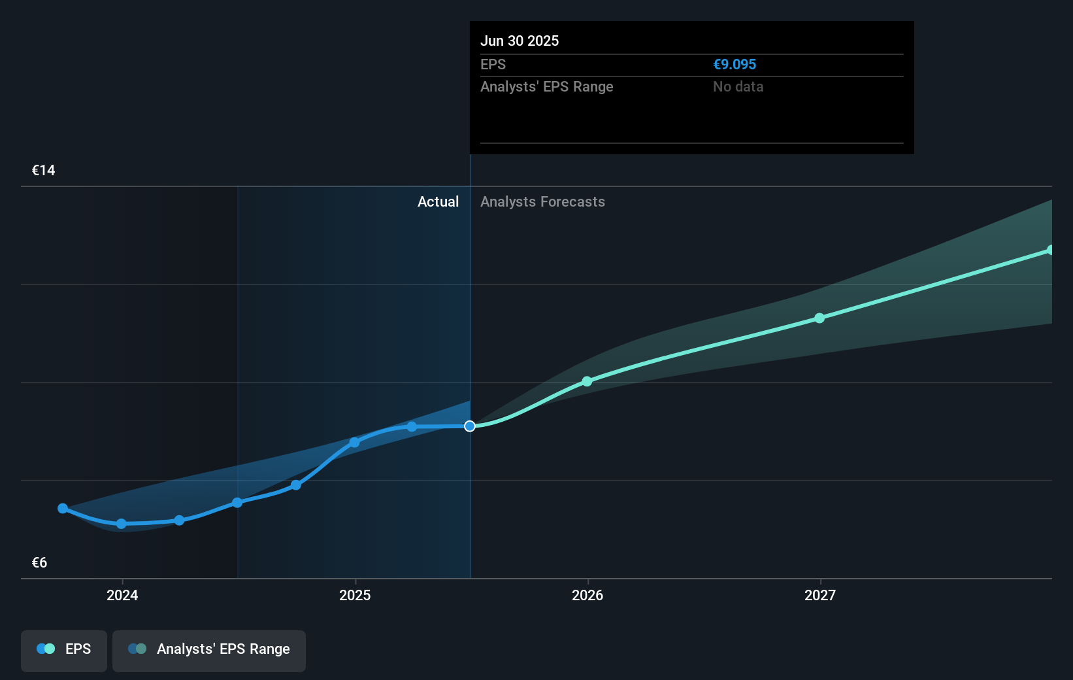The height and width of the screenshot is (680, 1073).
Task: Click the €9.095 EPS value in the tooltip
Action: tap(735, 64)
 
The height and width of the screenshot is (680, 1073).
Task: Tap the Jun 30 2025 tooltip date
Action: tap(520, 41)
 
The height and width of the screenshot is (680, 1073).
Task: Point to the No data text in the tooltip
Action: tap(738, 86)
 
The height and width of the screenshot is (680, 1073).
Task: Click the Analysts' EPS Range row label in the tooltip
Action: tap(546, 86)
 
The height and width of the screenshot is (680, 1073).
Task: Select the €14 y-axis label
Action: tap(43, 171)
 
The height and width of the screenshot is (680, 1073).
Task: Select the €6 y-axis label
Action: tap(39, 563)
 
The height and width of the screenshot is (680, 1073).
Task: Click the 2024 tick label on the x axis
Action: tap(122, 595)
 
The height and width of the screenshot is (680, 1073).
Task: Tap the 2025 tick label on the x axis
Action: tap(355, 595)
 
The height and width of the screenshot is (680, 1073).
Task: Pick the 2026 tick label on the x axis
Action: tap(587, 595)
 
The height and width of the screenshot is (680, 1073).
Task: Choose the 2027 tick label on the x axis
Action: tap(820, 595)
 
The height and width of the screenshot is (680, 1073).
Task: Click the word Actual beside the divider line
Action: tap(438, 202)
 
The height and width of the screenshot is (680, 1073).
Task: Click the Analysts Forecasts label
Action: tap(542, 202)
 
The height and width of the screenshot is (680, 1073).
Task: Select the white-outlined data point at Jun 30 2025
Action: tap(470, 426)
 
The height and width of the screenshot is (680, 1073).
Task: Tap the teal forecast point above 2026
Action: tap(587, 381)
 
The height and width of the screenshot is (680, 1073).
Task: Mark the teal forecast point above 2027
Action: tap(819, 318)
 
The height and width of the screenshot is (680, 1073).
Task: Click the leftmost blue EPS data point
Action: tap(63, 508)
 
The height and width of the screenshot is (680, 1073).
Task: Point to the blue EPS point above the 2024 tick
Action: tap(121, 524)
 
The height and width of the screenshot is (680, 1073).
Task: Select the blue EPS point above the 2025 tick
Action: tap(354, 443)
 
